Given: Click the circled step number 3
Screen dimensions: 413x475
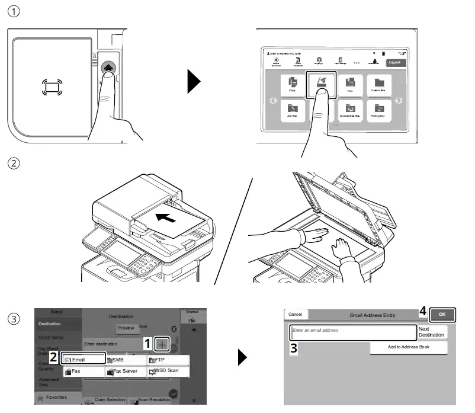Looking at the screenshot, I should (14, 319).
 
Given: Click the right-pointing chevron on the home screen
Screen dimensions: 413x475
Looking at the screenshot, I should (399, 100).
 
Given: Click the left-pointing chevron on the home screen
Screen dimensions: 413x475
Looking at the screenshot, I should (273, 100).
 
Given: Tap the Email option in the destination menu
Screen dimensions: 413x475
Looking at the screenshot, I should (84, 360).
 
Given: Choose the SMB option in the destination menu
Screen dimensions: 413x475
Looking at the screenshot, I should (126, 360).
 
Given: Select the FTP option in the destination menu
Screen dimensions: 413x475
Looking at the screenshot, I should (168, 360).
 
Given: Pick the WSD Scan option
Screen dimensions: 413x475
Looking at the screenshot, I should (168, 371).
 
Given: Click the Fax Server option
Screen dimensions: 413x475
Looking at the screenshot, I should (126, 371).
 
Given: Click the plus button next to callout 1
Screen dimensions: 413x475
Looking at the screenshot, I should (164, 344).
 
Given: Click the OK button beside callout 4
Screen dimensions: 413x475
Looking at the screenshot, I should (442, 314).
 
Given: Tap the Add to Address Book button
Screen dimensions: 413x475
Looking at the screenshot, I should (408, 347).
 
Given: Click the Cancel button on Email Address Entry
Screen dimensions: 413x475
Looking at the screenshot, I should (295, 314).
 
